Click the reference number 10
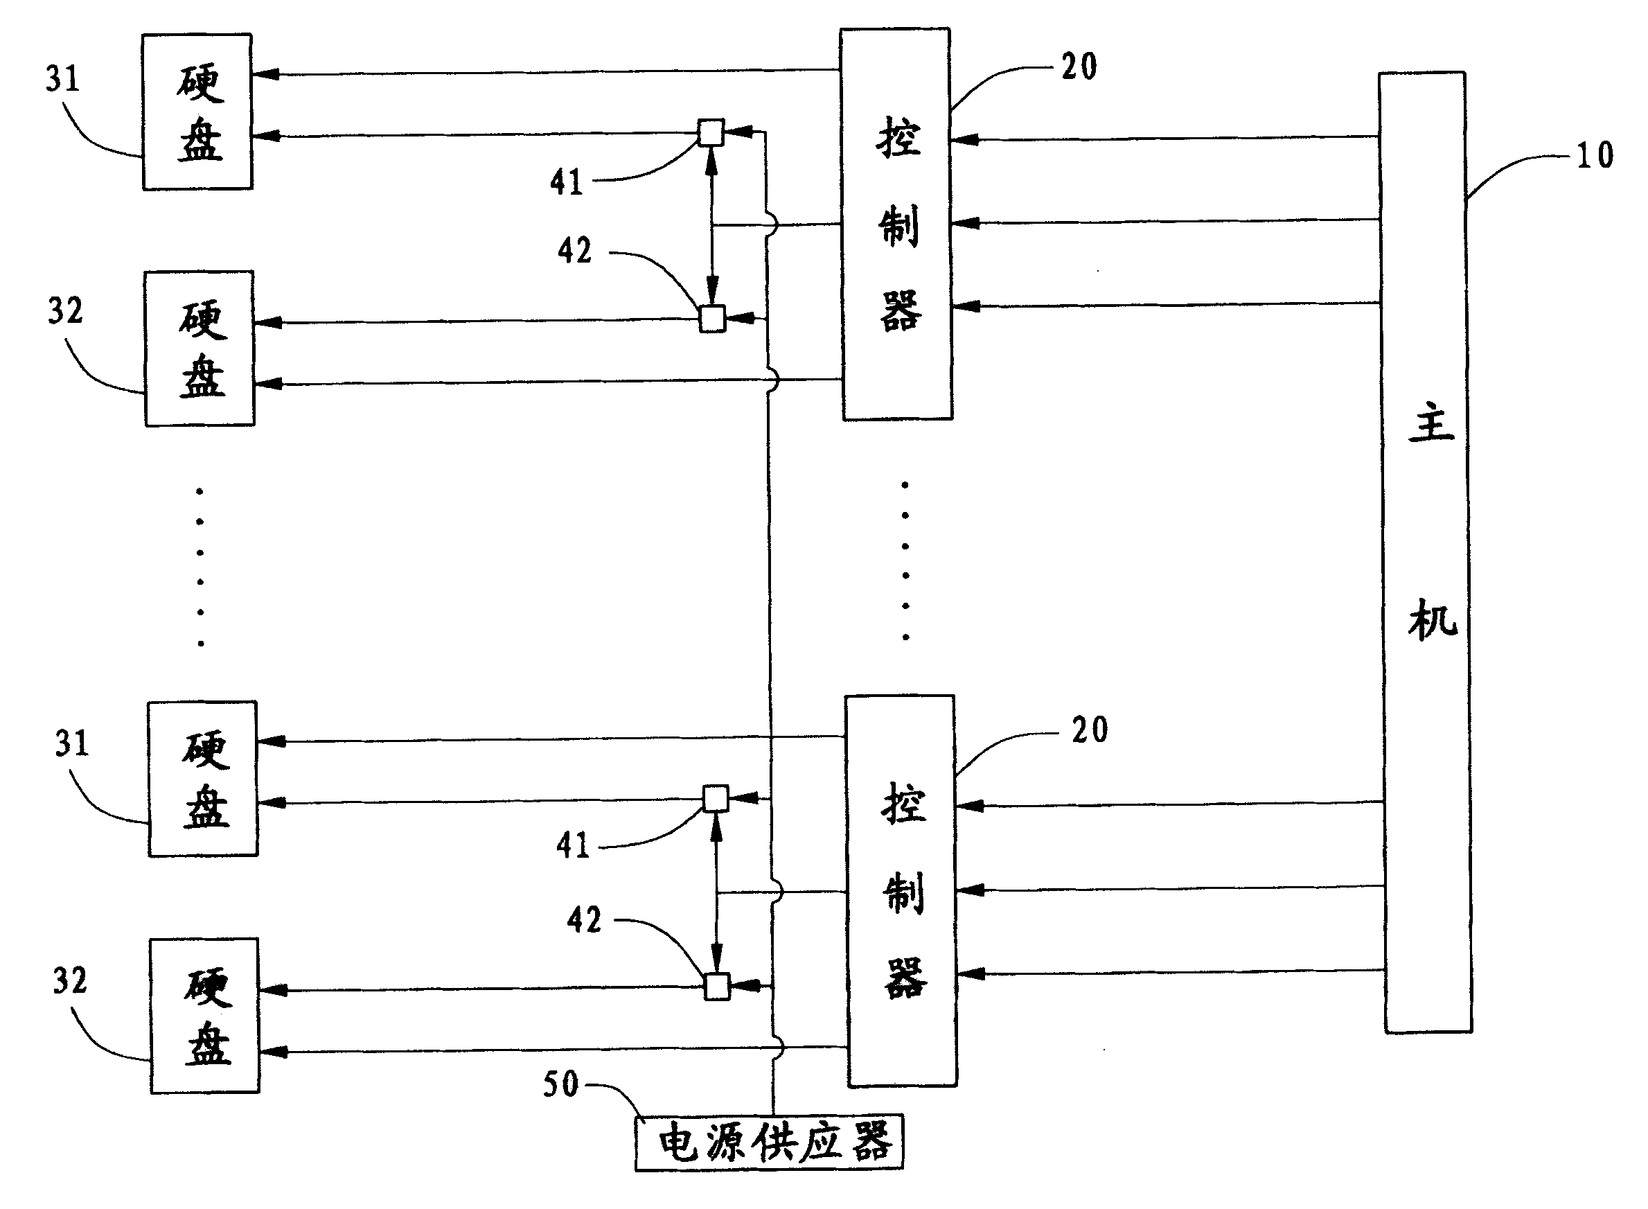coord(1594,156)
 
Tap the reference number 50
coord(560,1084)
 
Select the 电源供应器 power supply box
coord(769,1142)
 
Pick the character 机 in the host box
coord(1433,620)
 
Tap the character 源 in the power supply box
coord(726,1142)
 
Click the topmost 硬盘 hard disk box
coord(197,112)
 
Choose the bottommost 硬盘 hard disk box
coord(206,1016)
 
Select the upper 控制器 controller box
coord(896,224)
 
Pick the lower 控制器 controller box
coord(901,891)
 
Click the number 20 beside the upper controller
coord(1079,67)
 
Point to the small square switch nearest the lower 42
coord(717,986)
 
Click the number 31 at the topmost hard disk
coord(62,78)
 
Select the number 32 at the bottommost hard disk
coord(70,980)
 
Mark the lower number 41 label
coord(573,845)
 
